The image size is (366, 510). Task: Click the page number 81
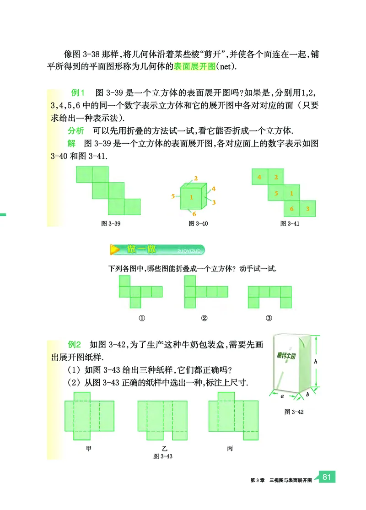tap(326, 477)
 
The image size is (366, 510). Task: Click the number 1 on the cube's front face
tap(192, 197)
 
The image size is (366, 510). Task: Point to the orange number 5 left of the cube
tap(173, 196)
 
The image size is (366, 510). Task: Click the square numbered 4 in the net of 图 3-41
tap(259, 177)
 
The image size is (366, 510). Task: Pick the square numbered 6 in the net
tap(291, 209)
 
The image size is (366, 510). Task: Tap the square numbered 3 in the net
tap(307, 209)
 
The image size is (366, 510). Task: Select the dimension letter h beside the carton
tap(316, 361)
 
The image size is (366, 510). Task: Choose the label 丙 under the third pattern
tap(230, 448)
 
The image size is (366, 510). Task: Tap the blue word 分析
tap(75, 130)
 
